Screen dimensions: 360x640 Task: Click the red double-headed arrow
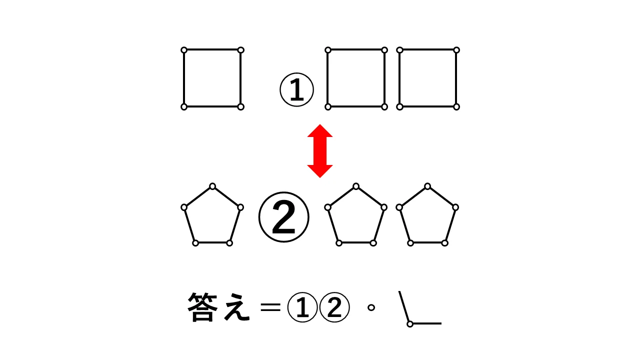[320, 151]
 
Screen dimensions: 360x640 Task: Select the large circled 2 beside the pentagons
[283, 217]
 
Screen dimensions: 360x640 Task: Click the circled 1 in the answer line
[302, 307]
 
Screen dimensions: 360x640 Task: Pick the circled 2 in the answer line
[334, 307]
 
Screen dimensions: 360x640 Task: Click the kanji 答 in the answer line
[203, 307]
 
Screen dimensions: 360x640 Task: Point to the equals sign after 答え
[271, 307]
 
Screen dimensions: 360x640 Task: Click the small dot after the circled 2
[371, 307]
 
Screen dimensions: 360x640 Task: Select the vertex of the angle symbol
[410, 324]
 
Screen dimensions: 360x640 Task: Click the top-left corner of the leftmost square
[184, 50]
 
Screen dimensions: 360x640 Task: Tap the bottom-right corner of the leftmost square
[240, 106]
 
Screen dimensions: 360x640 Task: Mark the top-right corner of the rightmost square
[456, 50]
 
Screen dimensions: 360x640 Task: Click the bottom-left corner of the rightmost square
[400, 106]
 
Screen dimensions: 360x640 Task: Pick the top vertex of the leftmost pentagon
[212, 186]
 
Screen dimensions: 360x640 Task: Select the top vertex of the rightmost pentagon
[427, 186]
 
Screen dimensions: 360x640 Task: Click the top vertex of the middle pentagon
[356, 186]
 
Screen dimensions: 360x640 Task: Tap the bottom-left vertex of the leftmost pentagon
[195, 243]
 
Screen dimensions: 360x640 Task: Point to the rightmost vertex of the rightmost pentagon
[455, 207]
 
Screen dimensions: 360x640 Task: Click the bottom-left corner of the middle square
[328, 106]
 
